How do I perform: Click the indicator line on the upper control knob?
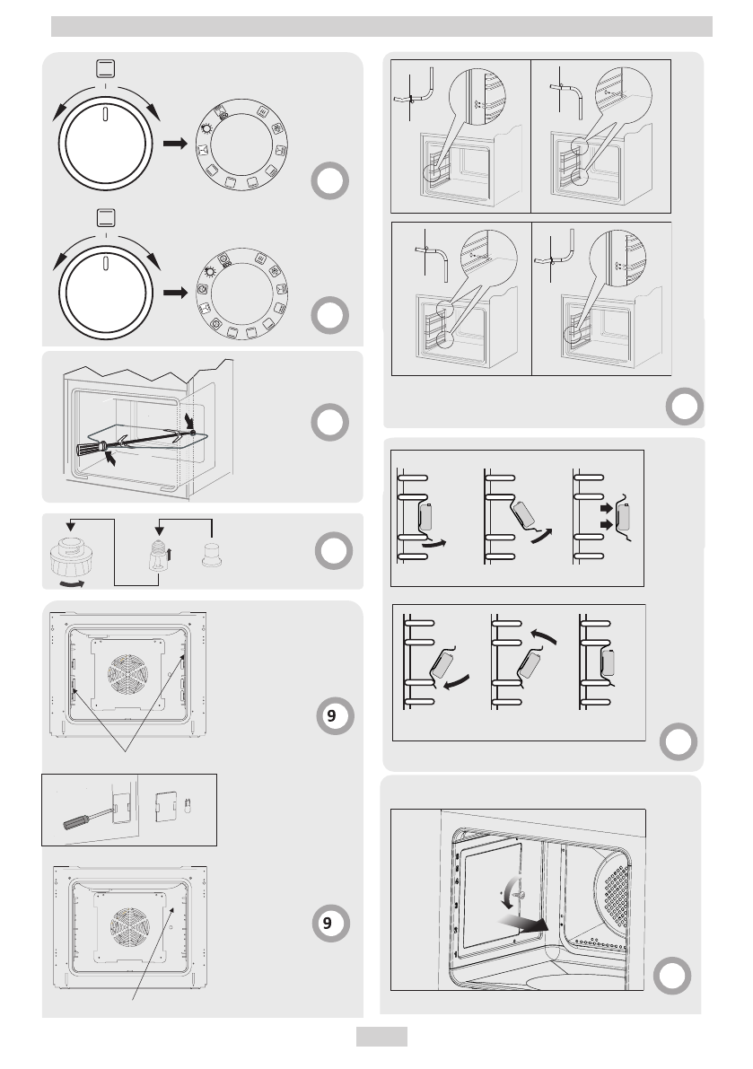pos(106,116)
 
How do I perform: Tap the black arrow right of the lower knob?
pos(175,292)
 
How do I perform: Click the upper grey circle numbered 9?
pos(332,716)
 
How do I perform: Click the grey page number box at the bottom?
pos(381,1037)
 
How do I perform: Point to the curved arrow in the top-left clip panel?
pos(437,544)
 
